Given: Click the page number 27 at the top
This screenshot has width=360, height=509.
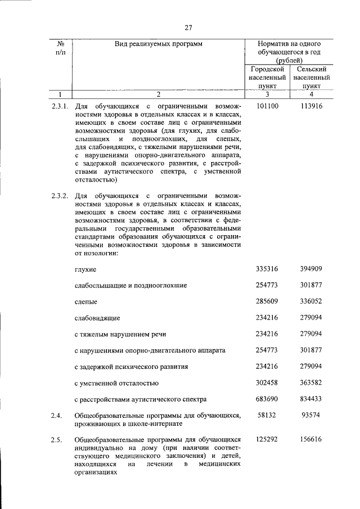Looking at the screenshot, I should (188, 28).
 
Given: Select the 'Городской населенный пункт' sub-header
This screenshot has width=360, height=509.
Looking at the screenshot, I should (267, 78).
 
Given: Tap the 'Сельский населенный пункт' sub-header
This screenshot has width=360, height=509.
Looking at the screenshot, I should (312, 78).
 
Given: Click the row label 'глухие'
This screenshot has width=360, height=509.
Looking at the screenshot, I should (85, 270).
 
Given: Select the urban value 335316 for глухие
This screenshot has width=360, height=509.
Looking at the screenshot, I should (267, 269).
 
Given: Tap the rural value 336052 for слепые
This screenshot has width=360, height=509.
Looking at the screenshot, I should (312, 301).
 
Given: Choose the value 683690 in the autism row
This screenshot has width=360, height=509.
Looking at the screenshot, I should (267, 399).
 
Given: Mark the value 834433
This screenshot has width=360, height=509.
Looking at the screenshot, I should (312, 399).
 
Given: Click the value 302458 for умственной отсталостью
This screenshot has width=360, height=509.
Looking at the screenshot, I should (267, 382).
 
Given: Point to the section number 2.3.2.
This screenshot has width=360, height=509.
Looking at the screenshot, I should (60, 195).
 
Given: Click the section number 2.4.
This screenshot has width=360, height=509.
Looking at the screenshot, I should (56, 415).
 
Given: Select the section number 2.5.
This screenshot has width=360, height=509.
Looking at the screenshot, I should (56, 439).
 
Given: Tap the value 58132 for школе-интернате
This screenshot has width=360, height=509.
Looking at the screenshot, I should (267, 415).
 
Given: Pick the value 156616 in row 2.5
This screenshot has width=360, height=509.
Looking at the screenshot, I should (312, 439).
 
